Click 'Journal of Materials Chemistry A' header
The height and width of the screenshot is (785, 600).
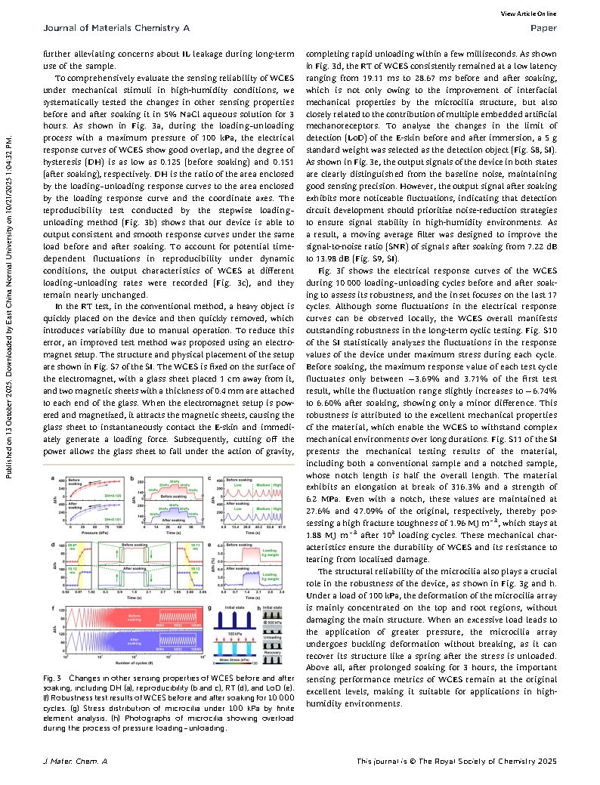[95, 28]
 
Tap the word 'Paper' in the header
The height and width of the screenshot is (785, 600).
[544, 28]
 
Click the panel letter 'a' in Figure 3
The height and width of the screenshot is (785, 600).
[51, 479]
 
